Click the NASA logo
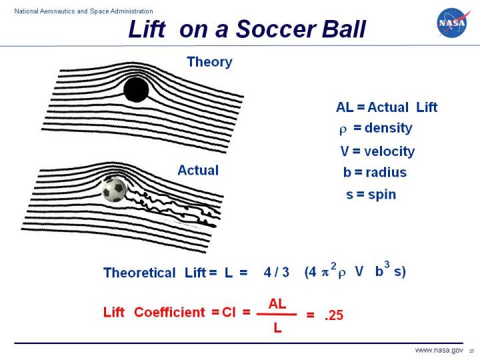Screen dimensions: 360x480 pyautogui.click(x=451, y=23)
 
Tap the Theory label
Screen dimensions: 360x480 pyautogui.click(x=209, y=62)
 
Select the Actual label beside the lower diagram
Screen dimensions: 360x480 pyautogui.click(x=198, y=170)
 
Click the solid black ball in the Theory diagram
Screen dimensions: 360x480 pyautogui.click(x=136, y=89)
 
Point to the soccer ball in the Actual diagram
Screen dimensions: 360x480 pyautogui.click(x=114, y=190)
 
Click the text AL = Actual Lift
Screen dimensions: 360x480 pyautogui.click(x=387, y=107)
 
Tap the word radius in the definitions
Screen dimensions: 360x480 pyautogui.click(x=384, y=173)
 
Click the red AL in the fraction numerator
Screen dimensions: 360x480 pyautogui.click(x=277, y=304)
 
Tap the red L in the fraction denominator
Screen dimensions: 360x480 pyautogui.click(x=277, y=327)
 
